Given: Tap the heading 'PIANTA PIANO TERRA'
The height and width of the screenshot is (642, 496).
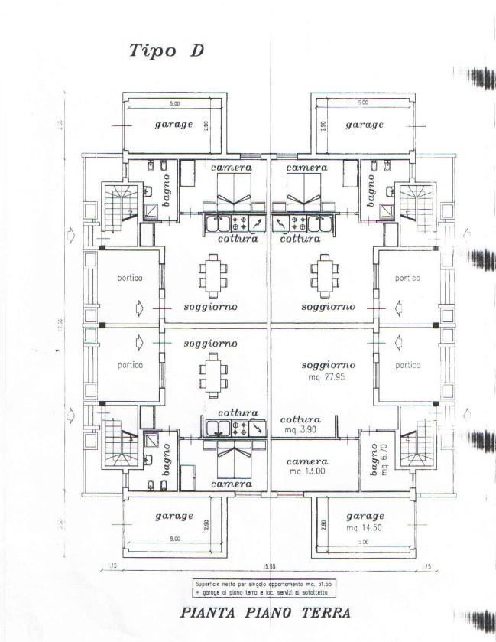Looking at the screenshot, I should click(x=265, y=613).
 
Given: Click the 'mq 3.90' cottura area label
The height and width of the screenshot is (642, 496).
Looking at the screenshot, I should click(x=300, y=430).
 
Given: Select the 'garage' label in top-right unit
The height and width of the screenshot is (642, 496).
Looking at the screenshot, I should click(x=365, y=125).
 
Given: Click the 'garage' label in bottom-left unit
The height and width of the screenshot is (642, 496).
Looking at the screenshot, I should click(x=173, y=516).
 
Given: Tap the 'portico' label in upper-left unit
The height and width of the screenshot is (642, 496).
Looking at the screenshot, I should click(x=130, y=278).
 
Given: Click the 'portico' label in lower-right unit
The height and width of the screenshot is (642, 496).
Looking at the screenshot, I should click(x=407, y=365).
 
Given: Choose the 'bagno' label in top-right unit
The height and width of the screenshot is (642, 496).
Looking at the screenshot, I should click(x=372, y=188).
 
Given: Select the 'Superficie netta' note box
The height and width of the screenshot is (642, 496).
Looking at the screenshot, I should click(x=266, y=588).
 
